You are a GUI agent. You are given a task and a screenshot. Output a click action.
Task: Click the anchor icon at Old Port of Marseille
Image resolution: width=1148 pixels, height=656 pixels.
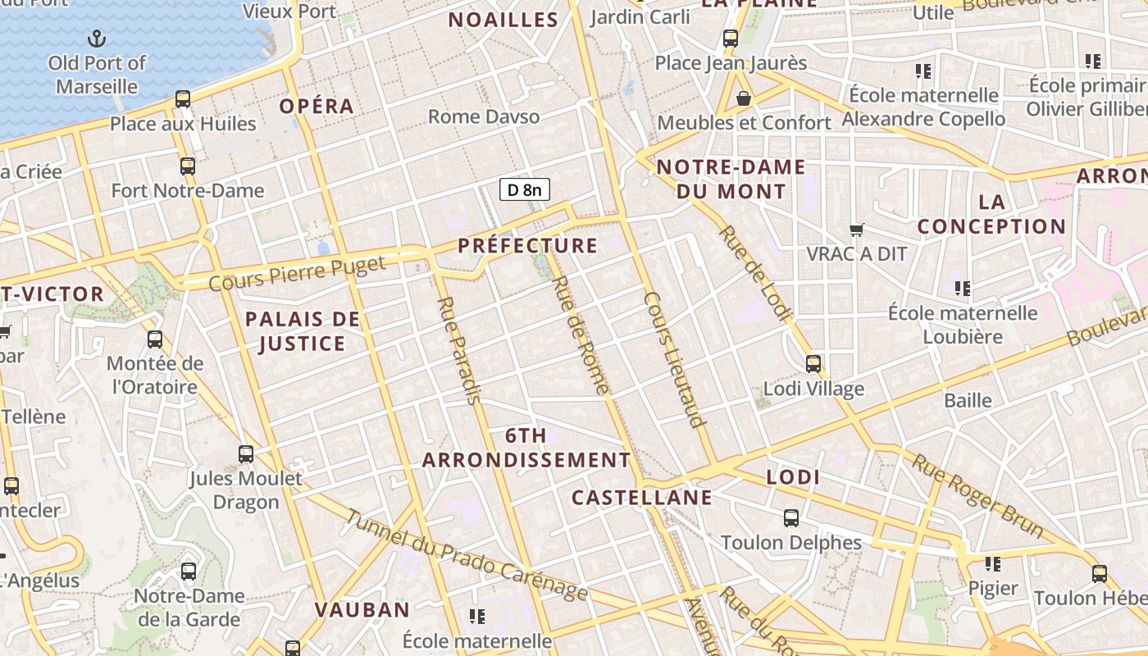97,38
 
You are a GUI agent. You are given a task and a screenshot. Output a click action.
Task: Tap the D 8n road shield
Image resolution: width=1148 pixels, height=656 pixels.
525,190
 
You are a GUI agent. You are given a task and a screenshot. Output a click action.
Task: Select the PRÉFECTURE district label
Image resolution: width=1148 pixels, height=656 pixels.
527,245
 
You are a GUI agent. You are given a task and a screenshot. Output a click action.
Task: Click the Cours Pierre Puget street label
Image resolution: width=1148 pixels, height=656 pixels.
297,273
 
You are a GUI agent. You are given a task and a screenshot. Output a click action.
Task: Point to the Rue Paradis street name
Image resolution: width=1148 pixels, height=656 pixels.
458,350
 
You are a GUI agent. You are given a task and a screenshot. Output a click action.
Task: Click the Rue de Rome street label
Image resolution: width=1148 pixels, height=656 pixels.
581,335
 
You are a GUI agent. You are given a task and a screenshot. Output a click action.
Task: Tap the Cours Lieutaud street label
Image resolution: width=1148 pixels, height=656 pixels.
675,359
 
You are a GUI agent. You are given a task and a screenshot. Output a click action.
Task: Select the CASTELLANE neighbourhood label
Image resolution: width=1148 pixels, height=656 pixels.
641,498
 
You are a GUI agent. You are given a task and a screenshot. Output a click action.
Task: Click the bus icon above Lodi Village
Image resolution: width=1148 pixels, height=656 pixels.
813,363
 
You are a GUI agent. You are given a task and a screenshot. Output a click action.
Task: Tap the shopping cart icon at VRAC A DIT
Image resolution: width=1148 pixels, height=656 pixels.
857,230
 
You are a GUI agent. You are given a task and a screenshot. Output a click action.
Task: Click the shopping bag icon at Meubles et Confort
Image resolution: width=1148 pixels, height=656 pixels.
744,98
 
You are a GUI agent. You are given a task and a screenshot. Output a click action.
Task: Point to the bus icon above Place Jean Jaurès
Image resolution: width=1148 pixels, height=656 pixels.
731,38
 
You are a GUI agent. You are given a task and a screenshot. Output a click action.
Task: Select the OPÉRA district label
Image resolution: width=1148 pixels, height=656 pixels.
317,107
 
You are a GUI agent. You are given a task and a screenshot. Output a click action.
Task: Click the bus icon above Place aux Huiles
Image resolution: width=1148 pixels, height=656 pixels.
183,99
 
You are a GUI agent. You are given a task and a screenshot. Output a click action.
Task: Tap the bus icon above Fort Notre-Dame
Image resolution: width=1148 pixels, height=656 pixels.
188,166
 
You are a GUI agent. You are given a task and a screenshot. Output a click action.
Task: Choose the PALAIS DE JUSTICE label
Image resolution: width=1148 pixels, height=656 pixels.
303,331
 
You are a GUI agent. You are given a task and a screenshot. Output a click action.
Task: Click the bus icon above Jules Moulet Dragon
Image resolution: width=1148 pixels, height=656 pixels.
246,453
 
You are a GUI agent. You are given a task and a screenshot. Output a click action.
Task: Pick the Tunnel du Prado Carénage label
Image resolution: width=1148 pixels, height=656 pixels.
465,555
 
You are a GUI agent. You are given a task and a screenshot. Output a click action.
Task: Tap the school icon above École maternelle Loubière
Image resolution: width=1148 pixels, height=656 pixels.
962,288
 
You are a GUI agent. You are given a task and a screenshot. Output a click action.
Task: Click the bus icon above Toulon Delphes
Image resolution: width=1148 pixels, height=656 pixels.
791,518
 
